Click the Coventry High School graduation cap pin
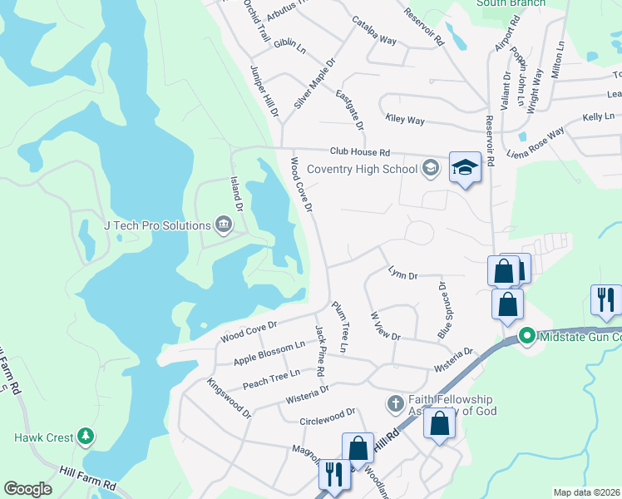466,169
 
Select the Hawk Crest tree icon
85,437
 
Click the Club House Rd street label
359,152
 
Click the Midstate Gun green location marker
526,336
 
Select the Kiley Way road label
405,121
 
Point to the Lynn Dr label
402,273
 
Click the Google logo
27,489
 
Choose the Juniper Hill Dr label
264,91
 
